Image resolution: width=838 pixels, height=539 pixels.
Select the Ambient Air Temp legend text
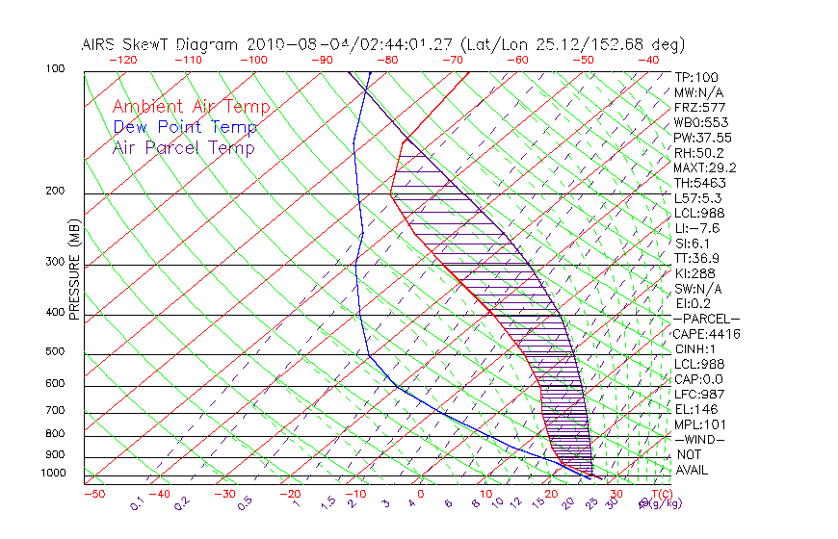click(191, 107)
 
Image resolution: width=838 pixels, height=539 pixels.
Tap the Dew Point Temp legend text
click(185, 127)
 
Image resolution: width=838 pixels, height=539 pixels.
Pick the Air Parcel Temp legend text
click(183, 147)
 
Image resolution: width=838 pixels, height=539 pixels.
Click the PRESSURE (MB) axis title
click(75, 271)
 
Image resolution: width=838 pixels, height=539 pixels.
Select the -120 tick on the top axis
click(122, 60)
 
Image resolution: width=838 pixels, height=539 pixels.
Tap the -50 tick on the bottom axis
click(93, 494)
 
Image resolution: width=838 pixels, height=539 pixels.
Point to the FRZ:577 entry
click(699, 107)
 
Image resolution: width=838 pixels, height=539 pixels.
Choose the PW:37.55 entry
click(702, 138)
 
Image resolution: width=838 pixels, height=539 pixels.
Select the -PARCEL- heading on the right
click(706, 319)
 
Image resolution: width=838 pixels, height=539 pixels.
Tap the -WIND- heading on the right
click(699, 439)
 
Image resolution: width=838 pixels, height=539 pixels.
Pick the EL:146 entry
click(694, 409)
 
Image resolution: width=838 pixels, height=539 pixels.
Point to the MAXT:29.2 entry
click(706, 167)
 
